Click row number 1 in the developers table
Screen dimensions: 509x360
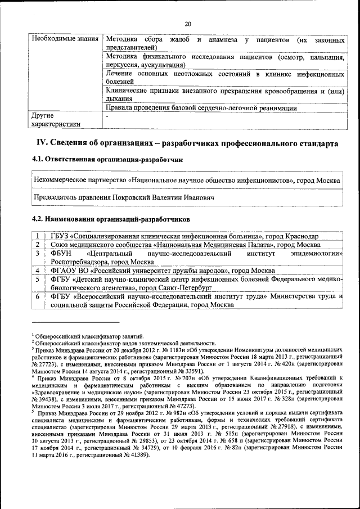(x=37, y=236)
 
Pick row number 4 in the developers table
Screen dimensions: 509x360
(x=37, y=270)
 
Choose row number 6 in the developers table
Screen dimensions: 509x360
(x=37, y=296)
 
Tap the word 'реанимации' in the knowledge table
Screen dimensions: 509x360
(x=276, y=108)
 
